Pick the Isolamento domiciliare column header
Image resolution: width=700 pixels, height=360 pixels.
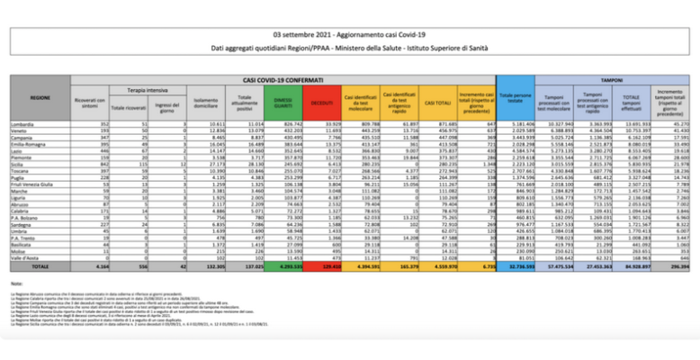[x=206, y=105]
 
